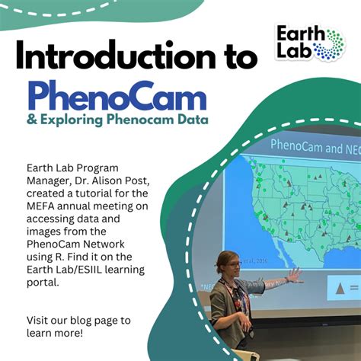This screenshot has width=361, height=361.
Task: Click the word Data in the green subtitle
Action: coord(191,120)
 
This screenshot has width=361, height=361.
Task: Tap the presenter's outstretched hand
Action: coord(292,275)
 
